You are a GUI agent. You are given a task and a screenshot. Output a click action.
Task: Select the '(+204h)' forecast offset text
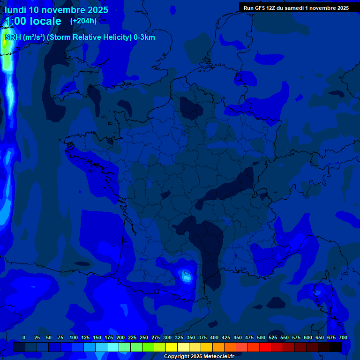coord(83,21)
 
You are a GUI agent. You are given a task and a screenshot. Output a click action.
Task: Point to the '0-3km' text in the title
coord(144,37)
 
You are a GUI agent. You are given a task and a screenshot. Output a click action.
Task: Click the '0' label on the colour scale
coord(24,338)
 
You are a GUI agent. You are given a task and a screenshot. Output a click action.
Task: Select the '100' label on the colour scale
coord(74,338)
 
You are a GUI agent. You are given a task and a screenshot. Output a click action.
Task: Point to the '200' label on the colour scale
coord(120,338)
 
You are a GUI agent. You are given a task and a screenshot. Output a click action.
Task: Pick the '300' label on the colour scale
coord(167,338)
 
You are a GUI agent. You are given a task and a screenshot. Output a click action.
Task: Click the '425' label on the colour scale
coord(226,338)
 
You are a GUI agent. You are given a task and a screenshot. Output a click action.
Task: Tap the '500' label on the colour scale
coord(261,338)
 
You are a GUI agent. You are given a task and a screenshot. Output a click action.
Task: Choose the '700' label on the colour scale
coord(343,338)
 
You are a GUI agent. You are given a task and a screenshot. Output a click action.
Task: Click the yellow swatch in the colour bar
coord(172,347)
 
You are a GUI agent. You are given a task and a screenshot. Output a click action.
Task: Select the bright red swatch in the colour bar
coord(265,347)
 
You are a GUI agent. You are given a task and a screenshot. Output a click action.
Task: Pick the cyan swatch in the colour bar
coord(113,347)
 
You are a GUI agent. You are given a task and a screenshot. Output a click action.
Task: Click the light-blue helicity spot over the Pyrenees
coord(187,277)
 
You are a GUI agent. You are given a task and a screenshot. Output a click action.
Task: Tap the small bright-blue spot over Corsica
coord(319,292)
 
